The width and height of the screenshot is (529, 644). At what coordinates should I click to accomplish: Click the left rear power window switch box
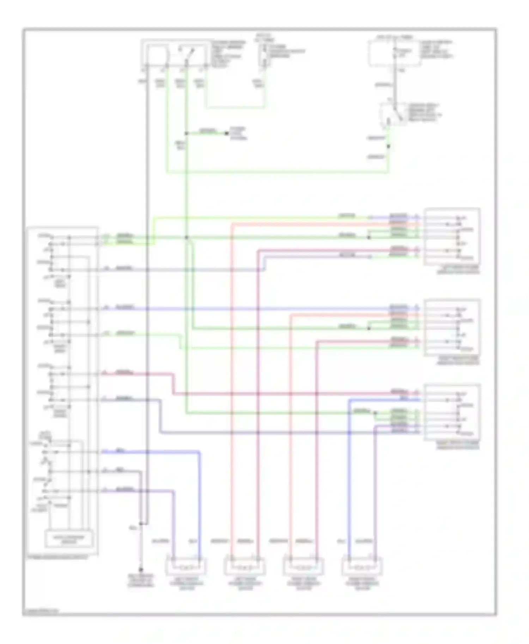452,236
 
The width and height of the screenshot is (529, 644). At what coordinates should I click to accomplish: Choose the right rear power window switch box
452,327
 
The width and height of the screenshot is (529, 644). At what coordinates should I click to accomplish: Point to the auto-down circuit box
69,538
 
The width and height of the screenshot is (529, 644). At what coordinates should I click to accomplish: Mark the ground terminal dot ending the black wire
141,569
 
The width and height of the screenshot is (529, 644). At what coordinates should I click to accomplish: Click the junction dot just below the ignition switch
389,146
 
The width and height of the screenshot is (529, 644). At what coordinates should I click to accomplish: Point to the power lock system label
238,134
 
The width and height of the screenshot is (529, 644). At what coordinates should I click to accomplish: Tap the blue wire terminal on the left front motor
200,558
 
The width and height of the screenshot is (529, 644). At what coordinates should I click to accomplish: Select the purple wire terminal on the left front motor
174,558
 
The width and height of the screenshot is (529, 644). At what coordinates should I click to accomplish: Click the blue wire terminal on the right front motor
349,558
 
